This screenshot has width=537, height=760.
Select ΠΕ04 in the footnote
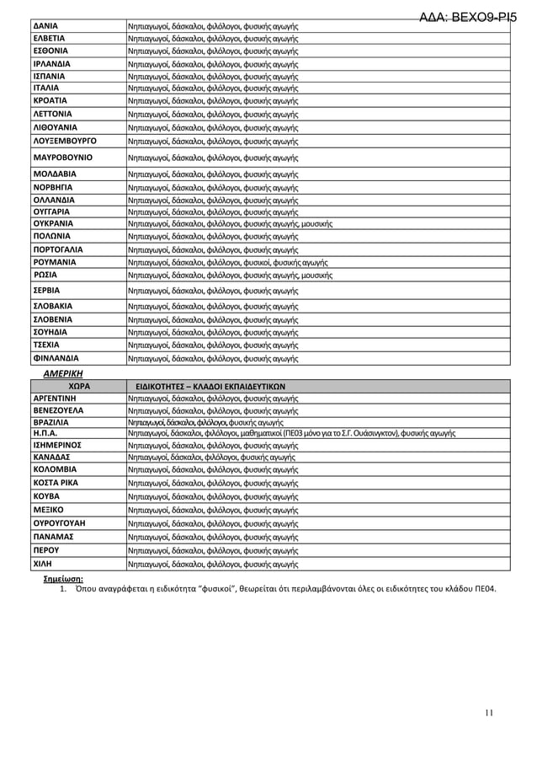[484, 590]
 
